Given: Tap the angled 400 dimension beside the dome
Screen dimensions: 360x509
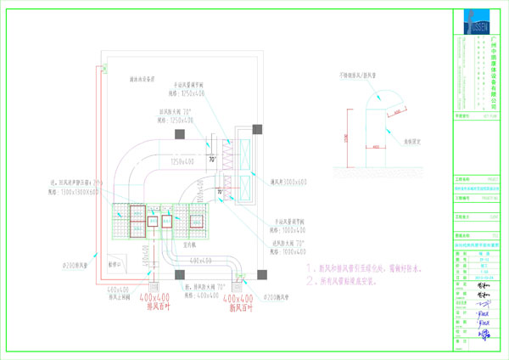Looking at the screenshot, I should (x=394, y=111).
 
